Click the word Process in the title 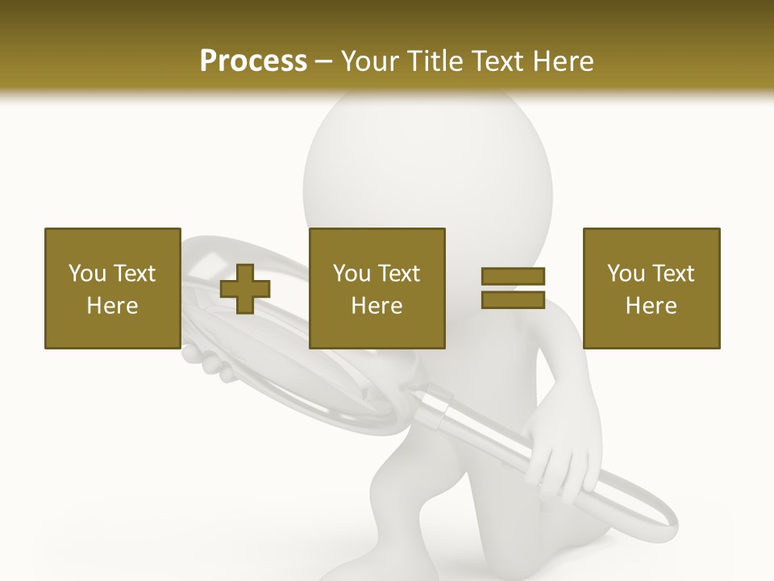pos(253,61)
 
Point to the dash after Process pos(324,62)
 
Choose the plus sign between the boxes pos(245,289)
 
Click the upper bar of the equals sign pos(513,277)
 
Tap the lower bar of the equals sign pos(513,300)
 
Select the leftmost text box pos(112,288)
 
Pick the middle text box pos(377,288)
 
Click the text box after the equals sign pos(651,288)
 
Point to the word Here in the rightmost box pos(651,306)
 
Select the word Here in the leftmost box pos(112,306)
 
